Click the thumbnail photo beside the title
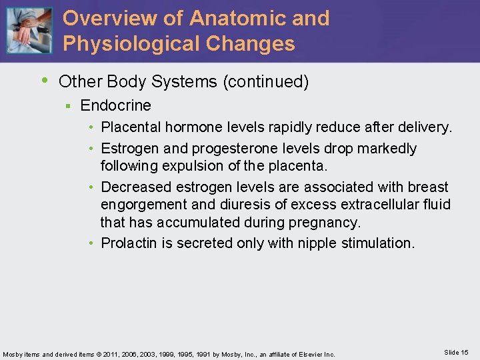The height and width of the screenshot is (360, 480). click(x=29, y=31)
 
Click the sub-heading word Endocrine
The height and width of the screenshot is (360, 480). click(x=115, y=105)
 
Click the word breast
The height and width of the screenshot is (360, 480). click(x=427, y=187)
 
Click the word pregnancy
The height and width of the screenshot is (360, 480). click(x=326, y=221)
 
